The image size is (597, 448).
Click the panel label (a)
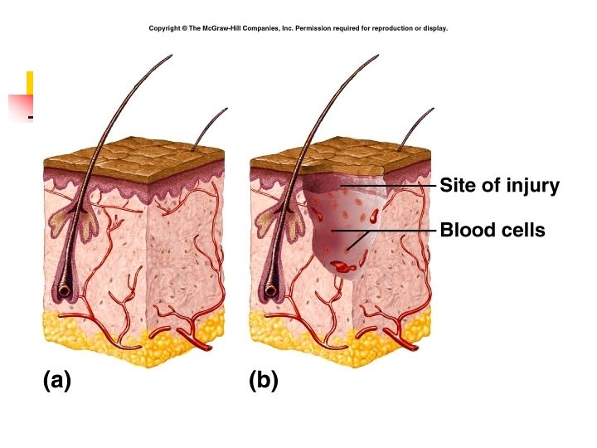(x=57, y=381)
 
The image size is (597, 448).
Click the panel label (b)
(x=263, y=381)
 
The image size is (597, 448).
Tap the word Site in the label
(x=457, y=185)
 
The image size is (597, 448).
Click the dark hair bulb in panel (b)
(x=271, y=290)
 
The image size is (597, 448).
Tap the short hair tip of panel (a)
(x=225, y=110)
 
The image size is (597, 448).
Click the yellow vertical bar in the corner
(x=30, y=83)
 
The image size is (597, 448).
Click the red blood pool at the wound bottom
(x=342, y=267)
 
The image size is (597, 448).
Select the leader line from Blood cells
(x=390, y=230)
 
